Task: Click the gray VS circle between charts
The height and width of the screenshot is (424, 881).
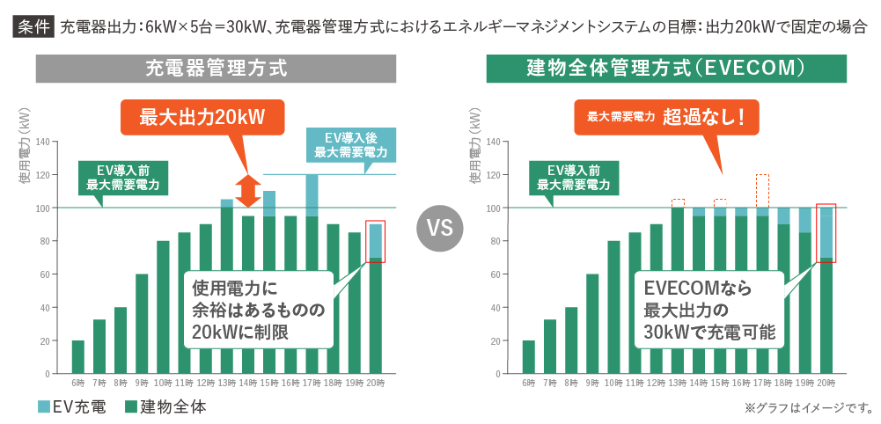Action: pyautogui.click(x=439, y=229)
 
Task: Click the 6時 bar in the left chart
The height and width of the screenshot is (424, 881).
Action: pyautogui.click(x=77, y=356)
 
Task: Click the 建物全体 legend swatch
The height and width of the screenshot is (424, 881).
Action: pyautogui.click(x=130, y=406)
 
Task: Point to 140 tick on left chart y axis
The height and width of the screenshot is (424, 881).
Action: pyautogui.click(x=41, y=142)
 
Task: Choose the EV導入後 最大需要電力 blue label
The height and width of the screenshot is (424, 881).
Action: pyautogui.click(x=351, y=145)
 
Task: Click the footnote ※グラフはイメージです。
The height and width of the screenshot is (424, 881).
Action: pyautogui.click(x=808, y=407)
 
